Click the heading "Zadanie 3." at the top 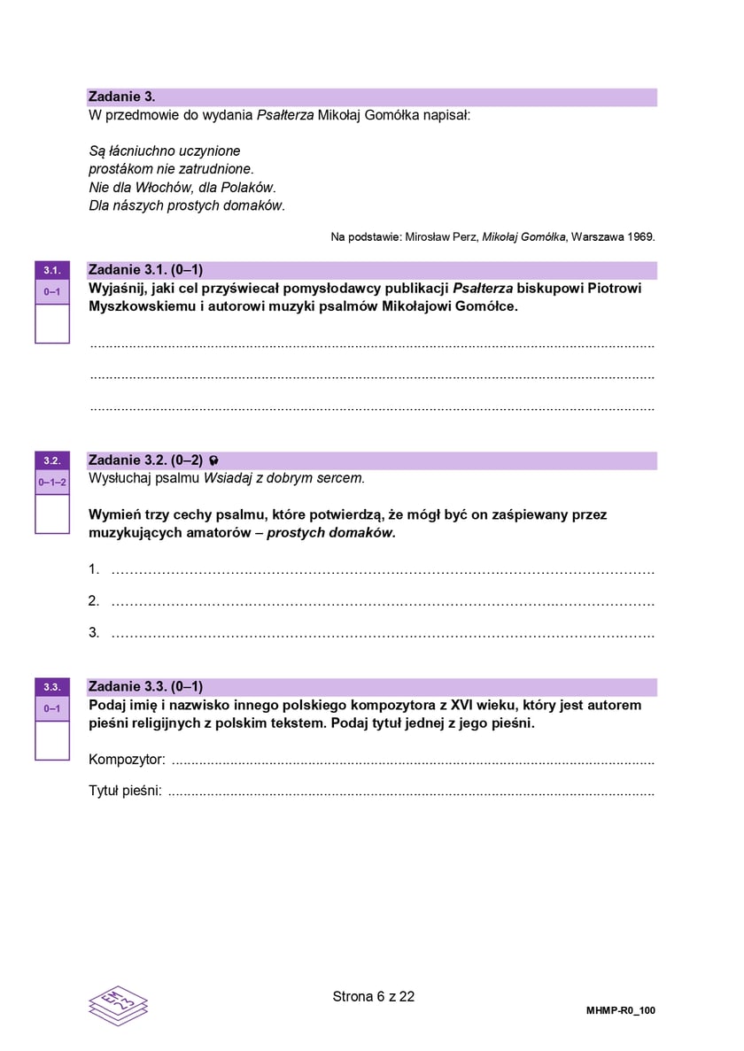tap(121, 97)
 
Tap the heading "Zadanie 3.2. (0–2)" tap(146, 460)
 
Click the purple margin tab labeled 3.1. tap(51, 270)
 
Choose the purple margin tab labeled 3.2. tap(51, 460)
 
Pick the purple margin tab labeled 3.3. tap(51, 687)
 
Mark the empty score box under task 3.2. tap(51, 514)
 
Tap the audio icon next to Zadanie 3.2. tap(213, 460)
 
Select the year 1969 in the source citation tap(640, 236)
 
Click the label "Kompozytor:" tap(127, 760)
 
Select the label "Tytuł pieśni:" tap(125, 790)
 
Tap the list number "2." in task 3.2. tap(94, 601)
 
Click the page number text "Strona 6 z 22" tap(373, 996)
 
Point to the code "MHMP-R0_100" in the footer tap(620, 1011)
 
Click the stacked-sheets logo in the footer tap(118, 1005)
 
